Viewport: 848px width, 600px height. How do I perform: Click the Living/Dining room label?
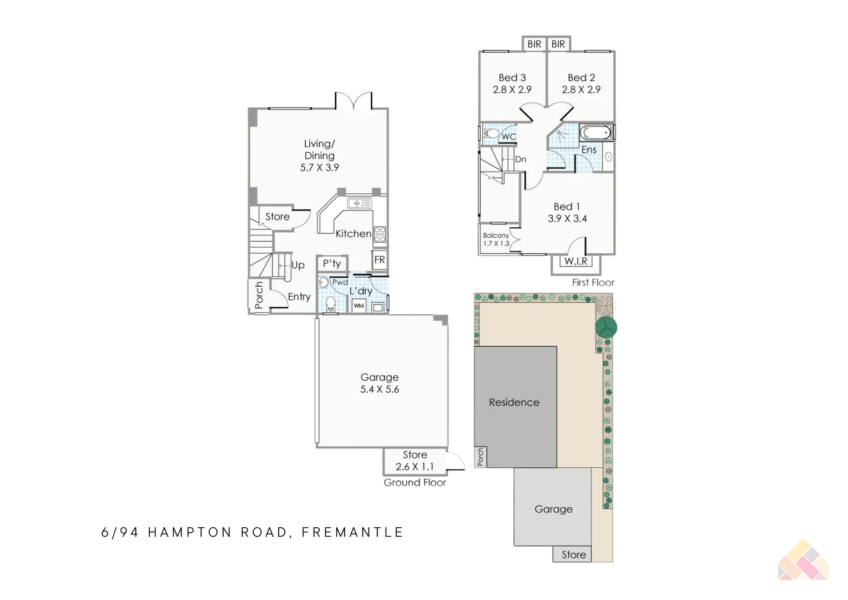319,150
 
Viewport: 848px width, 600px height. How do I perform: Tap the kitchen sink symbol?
359,204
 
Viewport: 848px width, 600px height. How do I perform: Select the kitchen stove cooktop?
380,234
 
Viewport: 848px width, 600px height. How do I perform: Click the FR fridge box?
380,259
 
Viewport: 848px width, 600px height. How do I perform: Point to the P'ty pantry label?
332,264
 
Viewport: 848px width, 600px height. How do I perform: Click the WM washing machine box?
359,306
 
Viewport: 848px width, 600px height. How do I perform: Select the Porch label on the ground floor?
259,295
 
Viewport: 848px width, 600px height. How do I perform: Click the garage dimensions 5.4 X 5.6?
380,389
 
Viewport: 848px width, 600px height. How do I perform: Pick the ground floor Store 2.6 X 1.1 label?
415,461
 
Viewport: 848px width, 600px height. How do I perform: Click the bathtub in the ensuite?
596,133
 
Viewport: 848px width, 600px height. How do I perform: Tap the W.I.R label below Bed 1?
576,261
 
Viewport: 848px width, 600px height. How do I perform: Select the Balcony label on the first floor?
496,236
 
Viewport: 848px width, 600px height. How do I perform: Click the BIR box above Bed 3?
534,44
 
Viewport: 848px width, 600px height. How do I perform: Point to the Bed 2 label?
581,78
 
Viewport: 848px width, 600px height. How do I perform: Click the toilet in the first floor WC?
490,133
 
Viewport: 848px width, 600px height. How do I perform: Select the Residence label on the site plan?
514,402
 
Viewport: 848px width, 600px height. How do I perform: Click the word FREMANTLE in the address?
352,532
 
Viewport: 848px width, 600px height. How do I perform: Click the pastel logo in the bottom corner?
804,561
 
